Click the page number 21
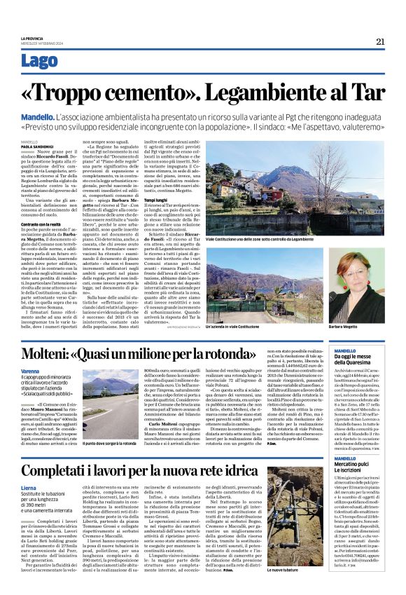tap(380, 41)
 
